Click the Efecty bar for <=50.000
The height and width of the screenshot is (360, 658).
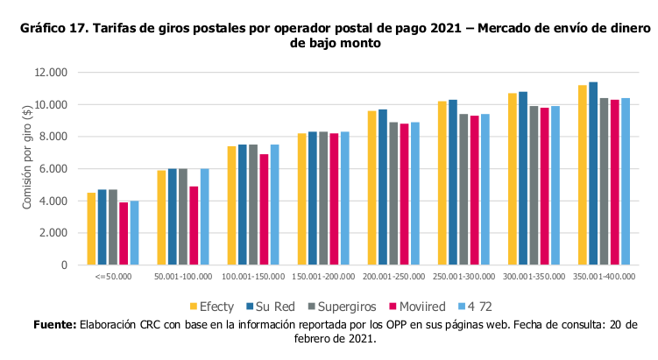pos(91,229)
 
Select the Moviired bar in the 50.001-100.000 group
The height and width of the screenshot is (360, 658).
pos(194,225)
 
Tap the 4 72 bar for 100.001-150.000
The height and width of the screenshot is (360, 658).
pos(274,205)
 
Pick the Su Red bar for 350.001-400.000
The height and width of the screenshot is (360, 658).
pos(593,173)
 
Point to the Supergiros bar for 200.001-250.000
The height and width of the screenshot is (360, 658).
pos(393,194)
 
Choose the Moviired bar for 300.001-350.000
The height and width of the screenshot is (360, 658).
pos(544,187)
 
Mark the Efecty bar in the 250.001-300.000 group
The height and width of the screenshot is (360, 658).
pos(442,183)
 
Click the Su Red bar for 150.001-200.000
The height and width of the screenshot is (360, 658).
pos(313,198)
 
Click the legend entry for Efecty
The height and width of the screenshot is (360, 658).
pos(212,307)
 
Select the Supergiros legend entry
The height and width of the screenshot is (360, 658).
pos(342,307)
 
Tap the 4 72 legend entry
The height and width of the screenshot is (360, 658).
pos(475,307)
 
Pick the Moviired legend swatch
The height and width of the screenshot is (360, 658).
pos(393,307)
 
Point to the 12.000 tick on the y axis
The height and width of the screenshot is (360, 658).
pos(51,73)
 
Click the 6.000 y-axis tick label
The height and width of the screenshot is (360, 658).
pos(53,169)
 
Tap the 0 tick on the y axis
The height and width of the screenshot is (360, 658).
pos(64,265)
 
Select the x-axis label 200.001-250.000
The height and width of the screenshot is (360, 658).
pos(393,277)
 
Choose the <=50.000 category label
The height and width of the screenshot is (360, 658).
pos(113,277)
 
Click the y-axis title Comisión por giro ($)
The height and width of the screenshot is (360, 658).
pos(27,158)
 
